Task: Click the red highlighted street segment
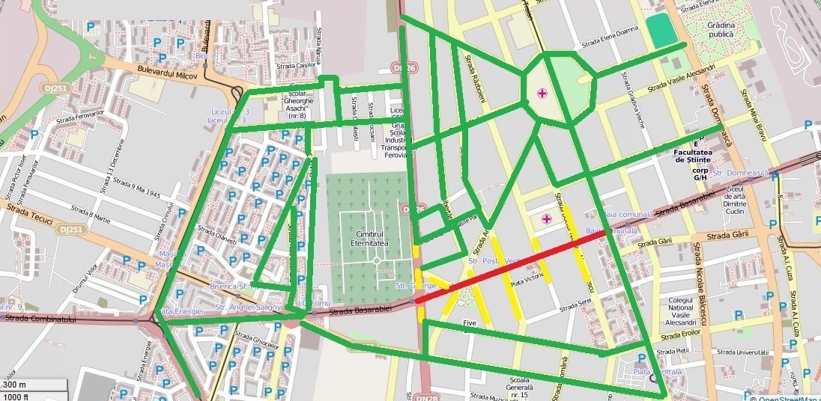[509, 267]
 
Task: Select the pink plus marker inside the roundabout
[542, 94]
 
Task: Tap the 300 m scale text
[14, 385]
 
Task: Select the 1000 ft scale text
[16, 396]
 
